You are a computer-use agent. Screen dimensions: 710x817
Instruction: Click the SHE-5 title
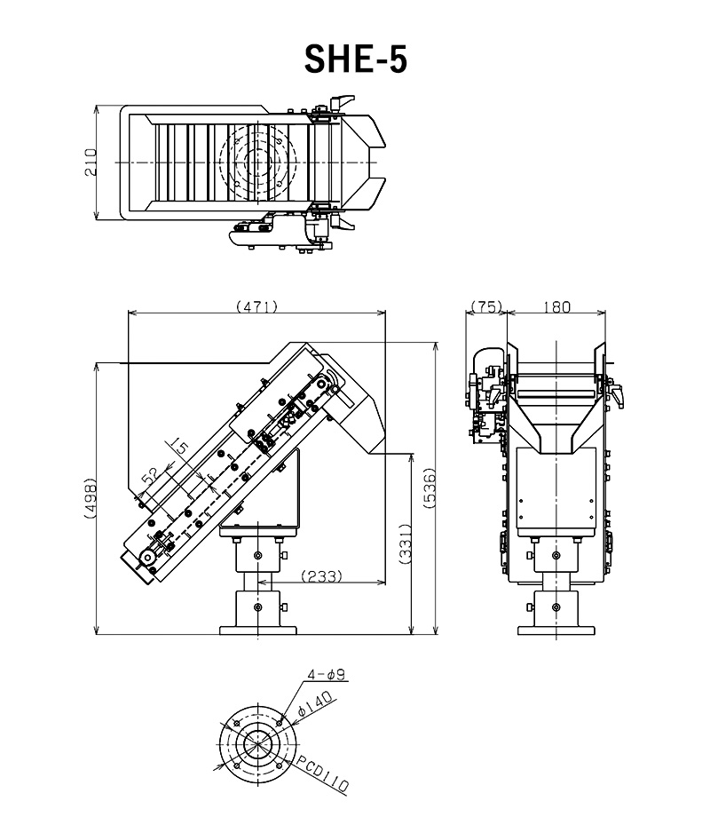click(x=355, y=59)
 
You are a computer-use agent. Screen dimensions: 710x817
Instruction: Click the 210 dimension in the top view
click(x=91, y=162)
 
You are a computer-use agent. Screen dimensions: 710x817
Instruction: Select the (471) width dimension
click(x=256, y=306)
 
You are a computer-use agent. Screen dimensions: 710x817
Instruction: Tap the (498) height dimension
click(x=91, y=497)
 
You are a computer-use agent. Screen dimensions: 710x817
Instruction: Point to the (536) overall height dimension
click(x=430, y=488)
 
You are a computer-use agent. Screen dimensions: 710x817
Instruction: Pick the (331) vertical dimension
click(x=406, y=543)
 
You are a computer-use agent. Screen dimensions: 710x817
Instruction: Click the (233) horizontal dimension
click(x=322, y=575)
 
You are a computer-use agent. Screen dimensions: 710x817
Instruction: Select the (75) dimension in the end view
click(x=486, y=306)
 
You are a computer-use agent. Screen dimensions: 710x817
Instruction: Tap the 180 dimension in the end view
click(x=556, y=307)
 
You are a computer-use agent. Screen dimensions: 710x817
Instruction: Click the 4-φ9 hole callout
click(x=326, y=674)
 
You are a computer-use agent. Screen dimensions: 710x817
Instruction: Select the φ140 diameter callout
click(x=315, y=704)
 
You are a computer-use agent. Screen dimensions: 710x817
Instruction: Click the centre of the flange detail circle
click(x=257, y=744)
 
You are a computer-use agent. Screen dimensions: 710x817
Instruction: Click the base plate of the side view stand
click(x=258, y=631)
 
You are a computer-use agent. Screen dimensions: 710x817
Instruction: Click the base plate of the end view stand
click(x=556, y=631)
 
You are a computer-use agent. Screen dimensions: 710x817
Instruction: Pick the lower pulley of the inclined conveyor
click(x=148, y=558)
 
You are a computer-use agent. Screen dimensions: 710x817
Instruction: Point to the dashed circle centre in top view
click(x=258, y=162)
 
